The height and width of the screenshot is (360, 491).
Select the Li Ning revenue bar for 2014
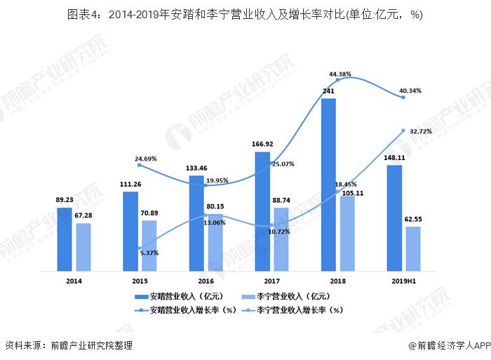tap(83, 246)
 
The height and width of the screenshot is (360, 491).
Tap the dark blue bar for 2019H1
tap(394, 218)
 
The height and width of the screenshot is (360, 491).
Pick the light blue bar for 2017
tap(281, 239)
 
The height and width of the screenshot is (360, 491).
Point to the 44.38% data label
tap(340, 74)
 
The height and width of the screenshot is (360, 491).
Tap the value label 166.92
tap(262, 144)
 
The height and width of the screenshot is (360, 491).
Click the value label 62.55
tap(412, 219)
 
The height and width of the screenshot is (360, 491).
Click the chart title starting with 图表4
tap(245, 14)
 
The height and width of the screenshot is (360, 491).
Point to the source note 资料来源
tap(68, 345)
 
